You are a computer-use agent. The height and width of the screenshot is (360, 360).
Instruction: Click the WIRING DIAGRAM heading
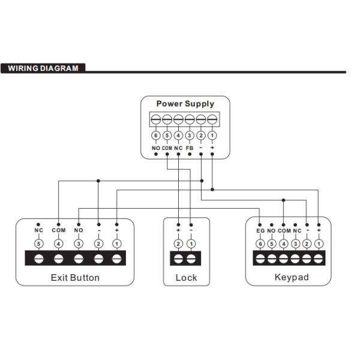pyautogui.click(x=43, y=68)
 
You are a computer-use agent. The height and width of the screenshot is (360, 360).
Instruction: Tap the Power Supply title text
pyautogui.click(x=185, y=104)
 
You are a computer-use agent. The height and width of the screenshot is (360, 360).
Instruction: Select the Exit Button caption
pyautogui.click(x=75, y=278)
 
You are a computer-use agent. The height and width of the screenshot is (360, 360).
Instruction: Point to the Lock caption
pyautogui.click(x=186, y=278)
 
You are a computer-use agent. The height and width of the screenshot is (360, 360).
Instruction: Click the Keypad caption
pyautogui.click(x=292, y=278)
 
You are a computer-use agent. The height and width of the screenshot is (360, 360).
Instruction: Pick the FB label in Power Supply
pyautogui.click(x=190, y=148)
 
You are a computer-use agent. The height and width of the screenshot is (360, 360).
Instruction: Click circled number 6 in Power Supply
pyautogui.click(x=155, y=136)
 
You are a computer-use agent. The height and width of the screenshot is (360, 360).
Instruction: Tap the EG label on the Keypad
pyautogui.click(x=260, y=230)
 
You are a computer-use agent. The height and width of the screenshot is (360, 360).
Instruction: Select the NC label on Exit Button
pyautogui.click(x=39, y=230)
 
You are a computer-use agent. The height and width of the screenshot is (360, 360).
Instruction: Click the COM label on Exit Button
pyautogui.click(x=58, y=230)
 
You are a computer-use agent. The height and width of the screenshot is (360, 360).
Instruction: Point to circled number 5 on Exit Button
pyautogui.click(x=39, y=244)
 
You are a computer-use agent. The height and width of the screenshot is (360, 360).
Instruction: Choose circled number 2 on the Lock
pyautogui.click(x=178, y=244)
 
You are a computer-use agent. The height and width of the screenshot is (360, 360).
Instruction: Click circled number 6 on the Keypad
pyautogui.click(x=260, y=244)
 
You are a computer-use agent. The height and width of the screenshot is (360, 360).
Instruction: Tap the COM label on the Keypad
pyautogui.click(x=284, y=230)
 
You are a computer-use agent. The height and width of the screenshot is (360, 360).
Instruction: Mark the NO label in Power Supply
pyautogui.click(x=155, y=148)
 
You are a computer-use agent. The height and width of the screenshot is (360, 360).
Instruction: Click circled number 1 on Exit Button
pyautogui.click(x=117, y=244)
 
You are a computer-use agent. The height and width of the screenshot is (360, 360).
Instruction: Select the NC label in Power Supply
pyautogui.click(x=178, y=148)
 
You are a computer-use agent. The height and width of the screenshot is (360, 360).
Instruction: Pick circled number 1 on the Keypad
pyautogui.click(x=319, y=244)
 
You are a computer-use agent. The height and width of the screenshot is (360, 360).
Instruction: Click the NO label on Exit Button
pyautogui.click(x=78, y=230)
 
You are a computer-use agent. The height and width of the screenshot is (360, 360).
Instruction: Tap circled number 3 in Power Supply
pyautogui.click(x=190, y=136)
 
